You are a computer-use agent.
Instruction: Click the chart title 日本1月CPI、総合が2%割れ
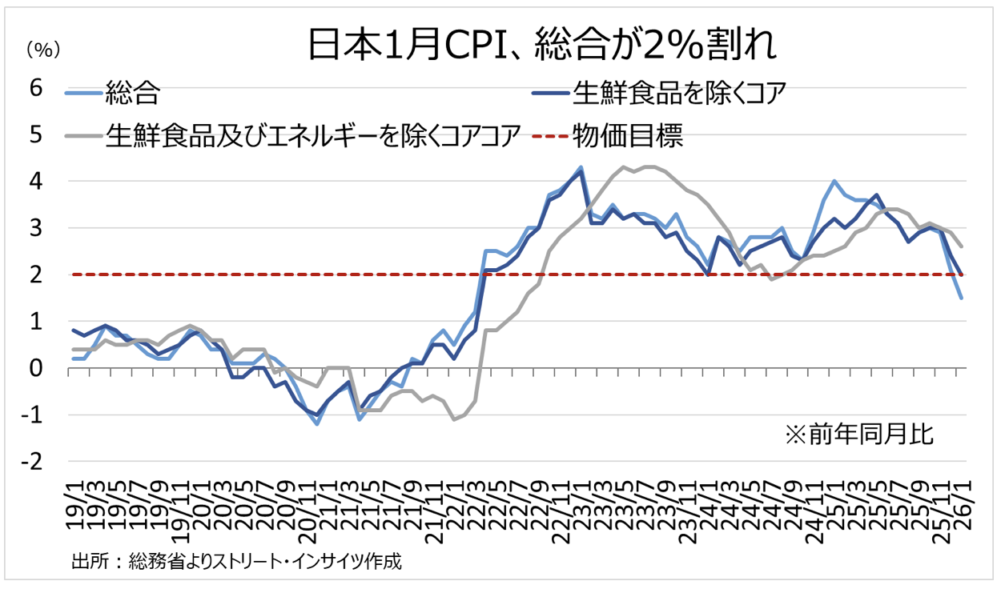[542, 46]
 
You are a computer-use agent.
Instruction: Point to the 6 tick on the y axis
[35, 88]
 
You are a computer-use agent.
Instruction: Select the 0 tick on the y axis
[35, 368]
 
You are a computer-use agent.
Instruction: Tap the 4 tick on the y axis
[35, 182]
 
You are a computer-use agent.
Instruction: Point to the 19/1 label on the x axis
[74, 499]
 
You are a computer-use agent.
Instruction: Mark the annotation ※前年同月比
[859, 435]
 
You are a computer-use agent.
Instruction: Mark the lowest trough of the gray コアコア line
[454, 419]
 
